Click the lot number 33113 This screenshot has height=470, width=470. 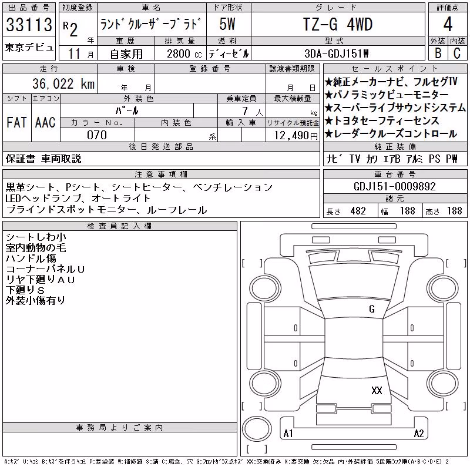(29, 24)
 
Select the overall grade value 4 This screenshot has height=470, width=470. (448, 24)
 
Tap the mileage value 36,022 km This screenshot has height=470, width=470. (63, 83)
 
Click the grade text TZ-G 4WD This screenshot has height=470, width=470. (338, 24)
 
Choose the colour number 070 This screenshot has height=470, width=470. (97, 135)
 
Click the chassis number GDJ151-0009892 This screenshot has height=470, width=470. (394, 186)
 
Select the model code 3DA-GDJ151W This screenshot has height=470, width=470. (336, 53)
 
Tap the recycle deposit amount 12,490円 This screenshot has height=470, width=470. (296, 136)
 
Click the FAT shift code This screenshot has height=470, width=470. (16, 122)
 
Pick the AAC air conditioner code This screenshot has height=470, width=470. (45, 122)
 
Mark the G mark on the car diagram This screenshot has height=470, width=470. (372, 309)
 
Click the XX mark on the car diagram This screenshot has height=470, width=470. (377, 390)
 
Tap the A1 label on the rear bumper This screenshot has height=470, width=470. (288, 434)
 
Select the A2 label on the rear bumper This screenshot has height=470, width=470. (419, 434)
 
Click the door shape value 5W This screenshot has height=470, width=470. (227, 24)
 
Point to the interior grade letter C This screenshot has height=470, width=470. (457, 53)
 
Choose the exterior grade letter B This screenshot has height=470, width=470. (438, 53)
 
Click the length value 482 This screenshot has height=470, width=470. (358, 211)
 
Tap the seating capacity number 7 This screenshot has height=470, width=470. (245, 111)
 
